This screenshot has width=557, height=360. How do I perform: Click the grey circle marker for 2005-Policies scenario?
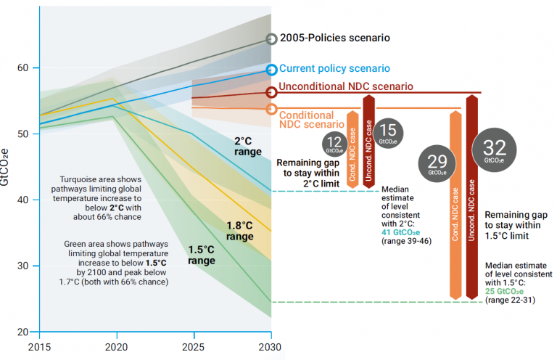271,39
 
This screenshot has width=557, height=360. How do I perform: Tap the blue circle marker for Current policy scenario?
271,70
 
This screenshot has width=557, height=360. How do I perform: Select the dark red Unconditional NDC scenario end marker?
271,92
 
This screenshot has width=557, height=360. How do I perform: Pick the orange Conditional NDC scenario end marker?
271,109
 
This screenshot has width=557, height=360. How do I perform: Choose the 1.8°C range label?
240,231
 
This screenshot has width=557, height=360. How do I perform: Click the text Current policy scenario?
334,68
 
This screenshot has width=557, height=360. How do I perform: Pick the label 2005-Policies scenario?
335,38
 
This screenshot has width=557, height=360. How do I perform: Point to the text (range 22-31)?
511,300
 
